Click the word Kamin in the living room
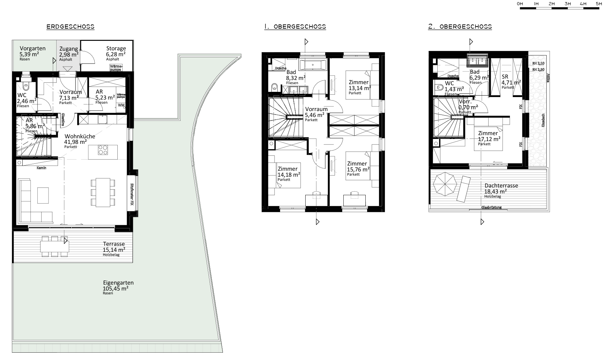pos(41,168)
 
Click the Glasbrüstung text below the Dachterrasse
pos(491,207)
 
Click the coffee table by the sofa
pos(43,195)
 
